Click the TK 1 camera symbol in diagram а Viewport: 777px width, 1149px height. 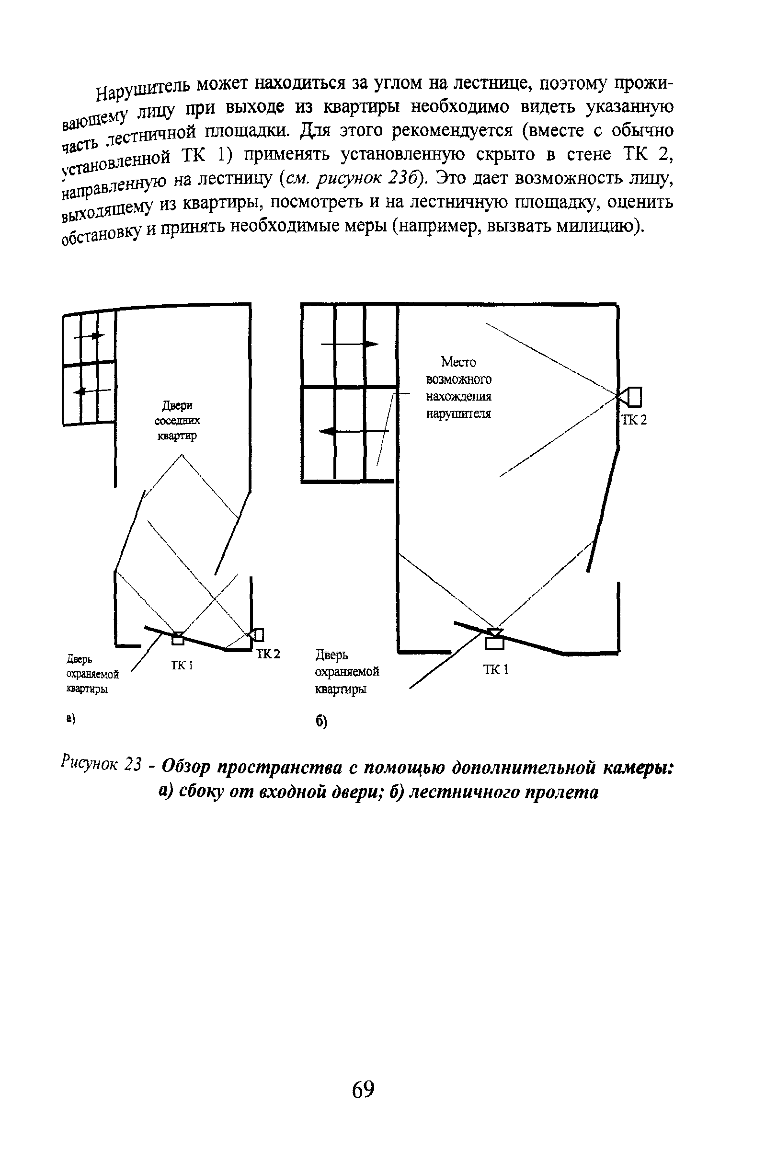pyautogui.click(x=177, y=638)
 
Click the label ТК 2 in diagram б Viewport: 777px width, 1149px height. pyautogui.click(x=634, y=420)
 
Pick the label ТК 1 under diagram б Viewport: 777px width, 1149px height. pyautogui.click(x=495, y=670)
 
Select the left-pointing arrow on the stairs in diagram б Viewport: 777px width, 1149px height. pyautogui.click(x=353, y=432)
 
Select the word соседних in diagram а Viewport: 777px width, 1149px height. pyautogui.click(x=177, y=421)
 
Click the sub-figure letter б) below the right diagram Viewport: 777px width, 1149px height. pyautogui.click(x=321, y=723)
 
